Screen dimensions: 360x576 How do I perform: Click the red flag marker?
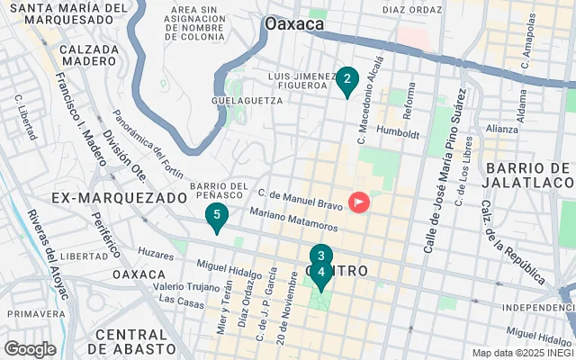pos(360,202)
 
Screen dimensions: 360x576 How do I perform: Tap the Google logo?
pos(30,349)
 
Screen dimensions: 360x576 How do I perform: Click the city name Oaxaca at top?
pos(294,24)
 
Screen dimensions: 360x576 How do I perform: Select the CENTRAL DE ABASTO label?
pos(134,341)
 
